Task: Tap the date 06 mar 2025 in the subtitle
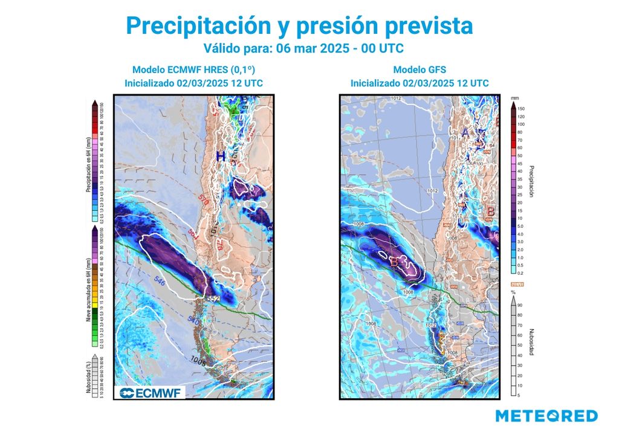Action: point(315,47)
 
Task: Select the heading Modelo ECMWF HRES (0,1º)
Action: point(193,69)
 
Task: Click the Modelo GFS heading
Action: point(419,69)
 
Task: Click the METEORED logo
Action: point(546,416)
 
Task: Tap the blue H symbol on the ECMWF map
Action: point(221,156)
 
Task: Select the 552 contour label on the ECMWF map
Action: point(212,298)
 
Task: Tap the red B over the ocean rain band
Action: point(394,262)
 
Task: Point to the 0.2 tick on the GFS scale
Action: point(521,272)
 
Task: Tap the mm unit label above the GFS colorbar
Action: point(514,97)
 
